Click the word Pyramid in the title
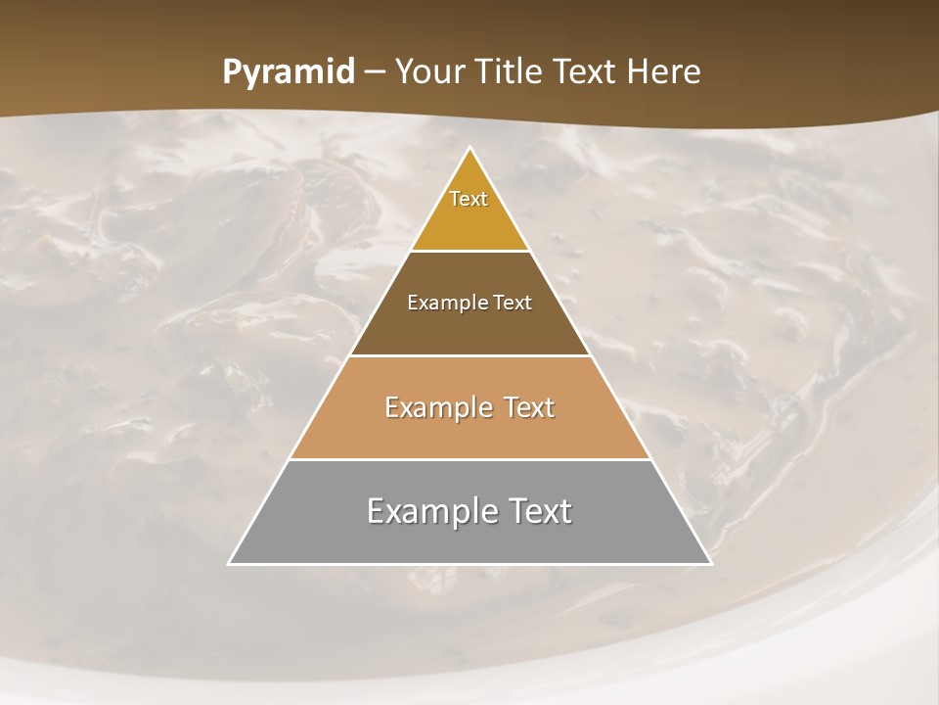(289, 72)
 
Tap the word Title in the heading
(511, 71)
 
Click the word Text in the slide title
(586, 71)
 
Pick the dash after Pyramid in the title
(375, 72)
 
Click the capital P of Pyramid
(232, 71)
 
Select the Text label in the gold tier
(469, 199)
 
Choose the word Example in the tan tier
(432, 407)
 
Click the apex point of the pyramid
(469, 149)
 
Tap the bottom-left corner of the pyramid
(230, 563)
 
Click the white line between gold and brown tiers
(469, 252)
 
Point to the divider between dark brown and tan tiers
(469, 355)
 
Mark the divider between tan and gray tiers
(469, 459)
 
